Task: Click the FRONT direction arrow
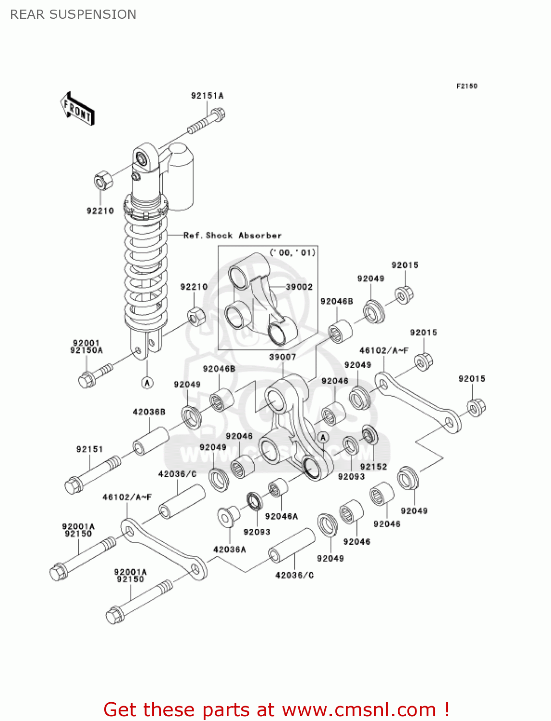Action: point(77,110)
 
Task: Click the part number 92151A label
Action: point(207,96)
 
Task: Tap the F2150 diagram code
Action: point(466,86)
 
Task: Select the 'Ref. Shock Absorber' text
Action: point(233,236)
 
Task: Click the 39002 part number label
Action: point(299,287)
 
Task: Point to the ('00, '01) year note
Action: point(293,253)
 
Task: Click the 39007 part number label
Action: point(282,357)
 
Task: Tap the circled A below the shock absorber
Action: point(147,383)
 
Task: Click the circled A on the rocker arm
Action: point(323,437)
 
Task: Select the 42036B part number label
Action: point(149,412)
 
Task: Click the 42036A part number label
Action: point(230,549)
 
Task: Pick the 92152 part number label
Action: point(373,467)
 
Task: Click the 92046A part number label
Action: point(282,516)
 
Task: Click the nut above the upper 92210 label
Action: point(102,180)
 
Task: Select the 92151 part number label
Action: point(89,449)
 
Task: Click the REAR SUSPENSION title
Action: point(73,14)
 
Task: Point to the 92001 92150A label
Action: point(86,347)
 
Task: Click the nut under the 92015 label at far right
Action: point(476,408)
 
